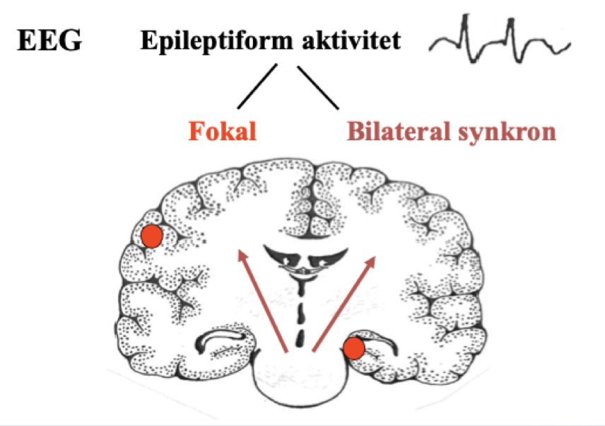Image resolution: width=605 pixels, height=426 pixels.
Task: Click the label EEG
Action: pos(49,41)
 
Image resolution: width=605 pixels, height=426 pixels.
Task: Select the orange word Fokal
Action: pos(221,131)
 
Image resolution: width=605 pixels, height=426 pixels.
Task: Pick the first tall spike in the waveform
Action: pos(467,28)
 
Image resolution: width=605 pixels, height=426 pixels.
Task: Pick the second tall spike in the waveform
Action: pos(509,28)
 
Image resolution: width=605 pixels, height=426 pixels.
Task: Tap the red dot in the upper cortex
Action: pos(151,236)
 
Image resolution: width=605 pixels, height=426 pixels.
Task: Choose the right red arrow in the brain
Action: pos(343,302)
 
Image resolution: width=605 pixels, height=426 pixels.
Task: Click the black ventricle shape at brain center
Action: pos(303,258)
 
